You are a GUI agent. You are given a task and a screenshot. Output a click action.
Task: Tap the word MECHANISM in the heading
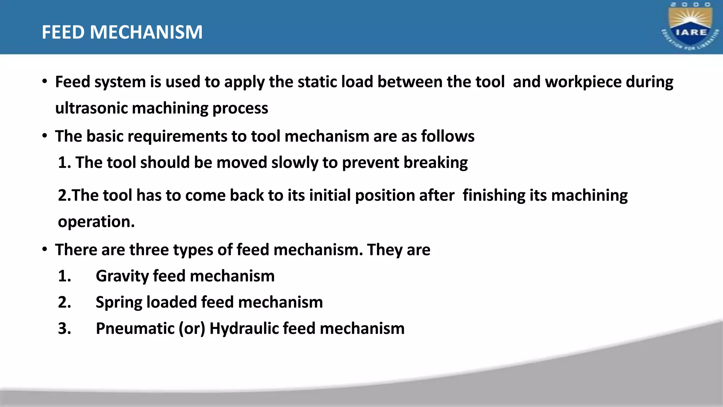pos(146,32)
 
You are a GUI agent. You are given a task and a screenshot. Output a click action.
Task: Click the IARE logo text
pos(691,32)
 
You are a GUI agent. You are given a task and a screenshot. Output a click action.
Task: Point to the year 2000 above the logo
pos(691,5)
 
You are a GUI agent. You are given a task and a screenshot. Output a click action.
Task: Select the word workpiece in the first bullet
pos(583,82)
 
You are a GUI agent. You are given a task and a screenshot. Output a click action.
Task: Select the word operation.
pos(96,222)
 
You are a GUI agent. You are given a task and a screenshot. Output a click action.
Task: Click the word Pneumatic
pos(135,329)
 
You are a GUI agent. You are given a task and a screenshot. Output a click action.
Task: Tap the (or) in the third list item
pos(192,329)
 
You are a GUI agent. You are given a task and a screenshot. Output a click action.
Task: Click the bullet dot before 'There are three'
pos(44,249)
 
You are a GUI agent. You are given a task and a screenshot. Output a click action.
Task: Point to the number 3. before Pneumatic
pos(64,329)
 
